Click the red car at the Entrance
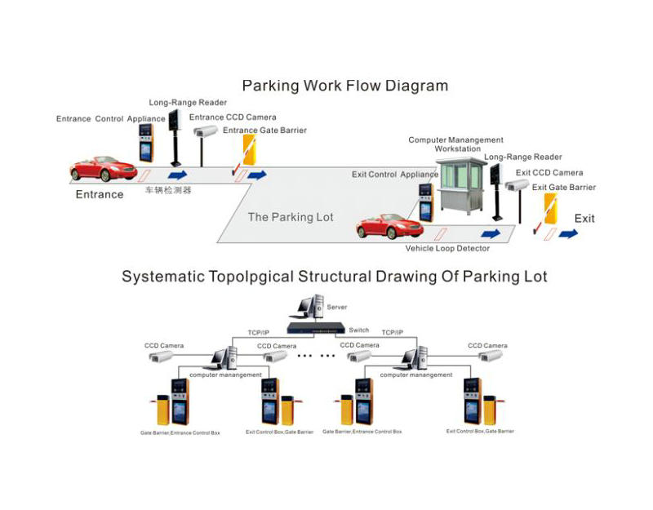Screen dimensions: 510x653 (103, 168)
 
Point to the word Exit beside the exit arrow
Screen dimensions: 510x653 (584, 219)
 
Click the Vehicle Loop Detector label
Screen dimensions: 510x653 (447, 248)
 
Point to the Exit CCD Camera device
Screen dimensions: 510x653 (518, 185)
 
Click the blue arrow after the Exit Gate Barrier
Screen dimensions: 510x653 (568, 233)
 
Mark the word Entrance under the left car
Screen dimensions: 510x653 (100, 194)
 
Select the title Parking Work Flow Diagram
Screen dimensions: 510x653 (345, 85)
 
